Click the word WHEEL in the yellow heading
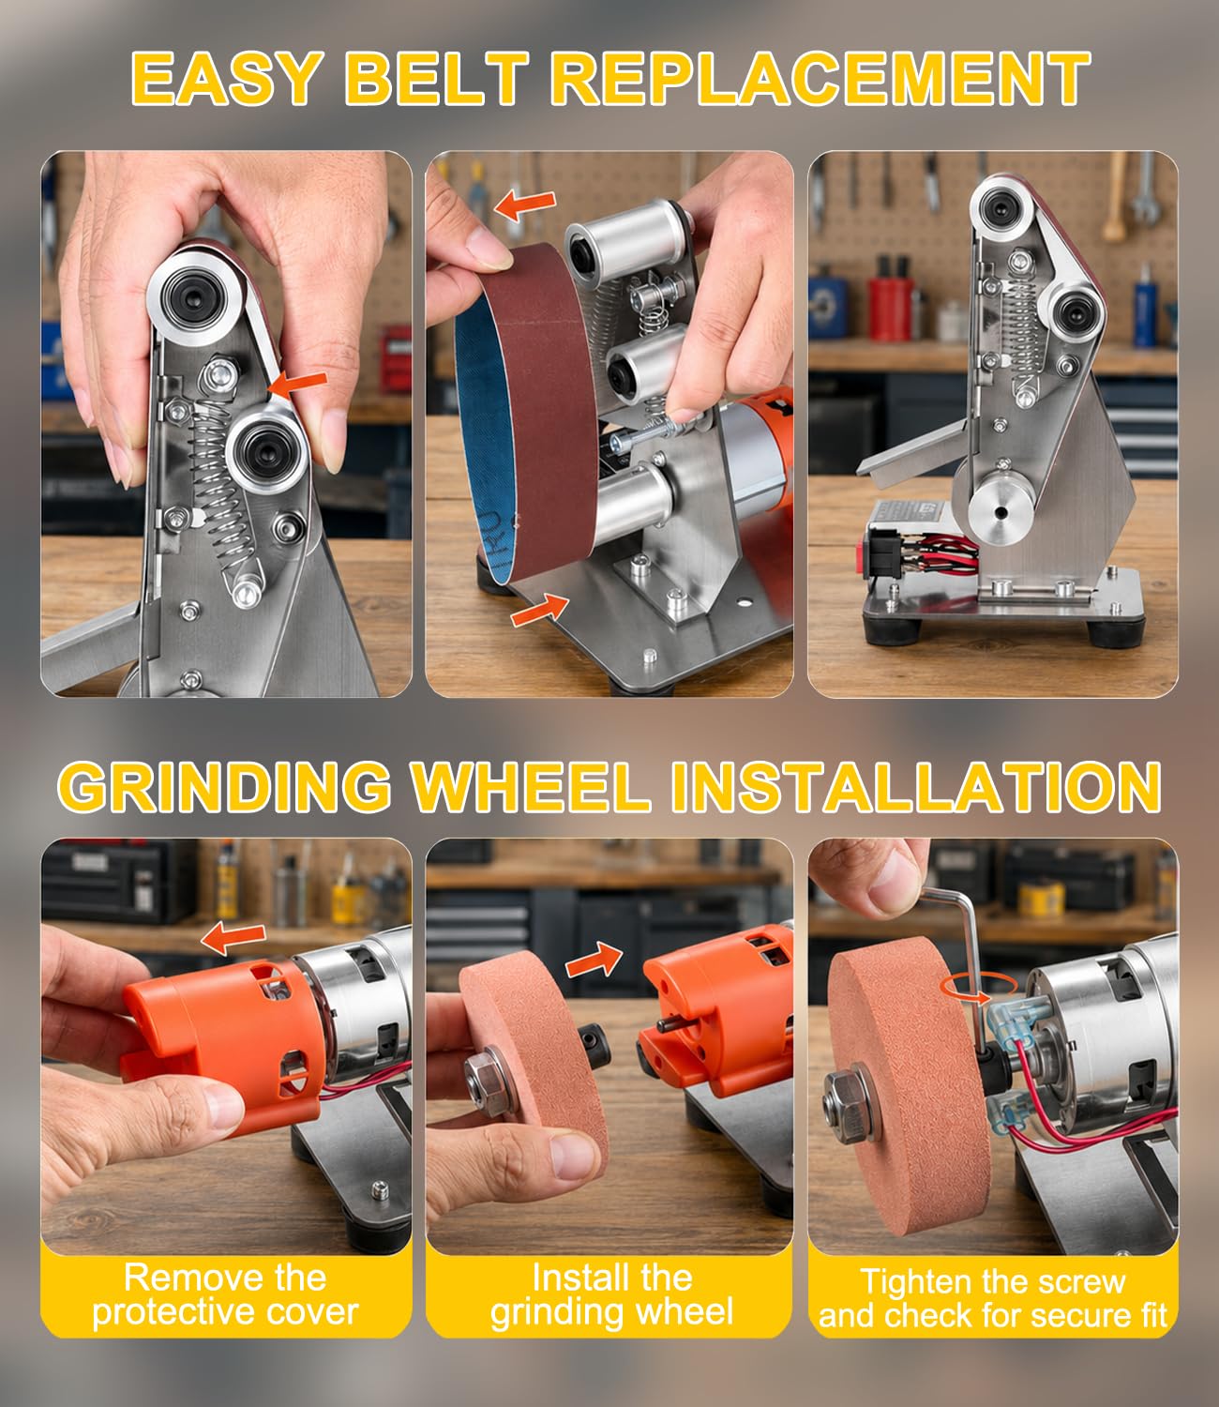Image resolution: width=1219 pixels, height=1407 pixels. click(x=532, y=787)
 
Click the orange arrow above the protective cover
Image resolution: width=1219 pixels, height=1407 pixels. click(x=233, y=940)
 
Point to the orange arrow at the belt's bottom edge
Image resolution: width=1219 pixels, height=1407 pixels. click(x=540, y=609)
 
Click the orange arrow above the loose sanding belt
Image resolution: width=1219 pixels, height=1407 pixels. click(x=525, y=205)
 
